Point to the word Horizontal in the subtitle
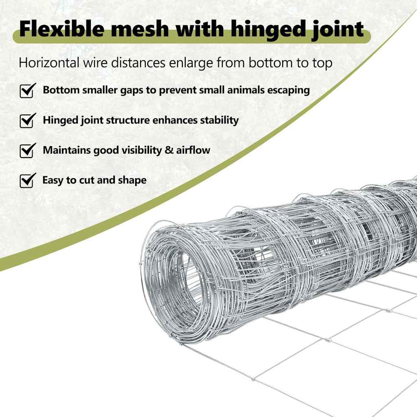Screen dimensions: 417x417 (x=49, y=63)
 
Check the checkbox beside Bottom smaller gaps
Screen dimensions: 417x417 (x=28, y=91)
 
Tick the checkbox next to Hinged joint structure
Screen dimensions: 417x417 (x=28, y=121)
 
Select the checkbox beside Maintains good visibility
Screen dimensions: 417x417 (x=28, y=151)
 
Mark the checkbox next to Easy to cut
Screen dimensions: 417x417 (x=28, y=180)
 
